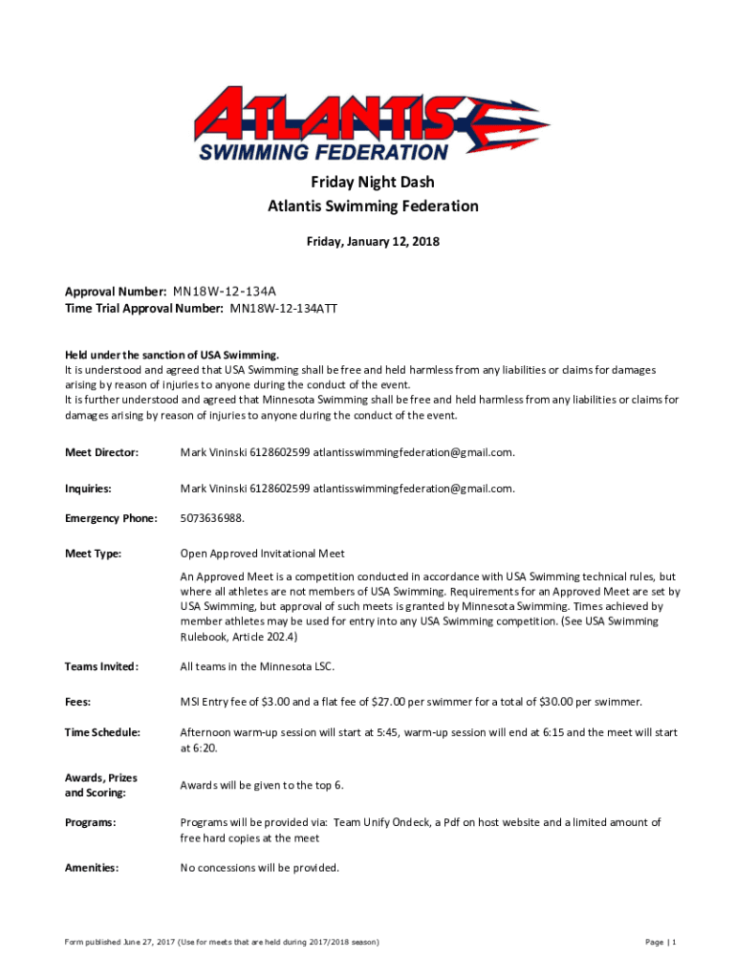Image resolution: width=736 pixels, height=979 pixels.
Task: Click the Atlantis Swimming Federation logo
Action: (x=373, y=122)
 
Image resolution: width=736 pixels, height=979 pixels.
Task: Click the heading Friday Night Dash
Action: (x=373, y=182)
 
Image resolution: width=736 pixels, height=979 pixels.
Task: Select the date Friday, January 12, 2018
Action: (x=373, y=242)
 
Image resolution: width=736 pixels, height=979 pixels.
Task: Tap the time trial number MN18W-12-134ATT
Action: (x=284, y=309)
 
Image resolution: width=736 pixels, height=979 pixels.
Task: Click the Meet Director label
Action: (x=101, y=452)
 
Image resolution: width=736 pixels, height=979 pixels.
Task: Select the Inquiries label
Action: (x=88, y=489)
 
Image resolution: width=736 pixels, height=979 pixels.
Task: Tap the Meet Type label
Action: (x=93, y=554)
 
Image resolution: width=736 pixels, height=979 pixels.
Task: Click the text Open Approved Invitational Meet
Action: (x=263, y=554)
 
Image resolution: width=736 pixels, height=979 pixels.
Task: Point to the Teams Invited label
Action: (x=101, y=666)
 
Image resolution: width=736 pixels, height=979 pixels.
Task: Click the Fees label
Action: (x=77, y=702)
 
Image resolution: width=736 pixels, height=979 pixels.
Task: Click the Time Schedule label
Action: (x=102, y=732)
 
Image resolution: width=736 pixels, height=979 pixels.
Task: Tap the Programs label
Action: (x=91, y=822)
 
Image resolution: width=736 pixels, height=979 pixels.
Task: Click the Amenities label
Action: (x=92, y=868)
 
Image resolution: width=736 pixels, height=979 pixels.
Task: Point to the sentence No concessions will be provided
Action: (x=260, y=868)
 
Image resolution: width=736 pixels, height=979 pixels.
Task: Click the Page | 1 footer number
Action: (x=660, y=943)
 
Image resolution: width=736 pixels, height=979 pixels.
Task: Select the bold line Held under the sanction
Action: (x=172, y=355)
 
